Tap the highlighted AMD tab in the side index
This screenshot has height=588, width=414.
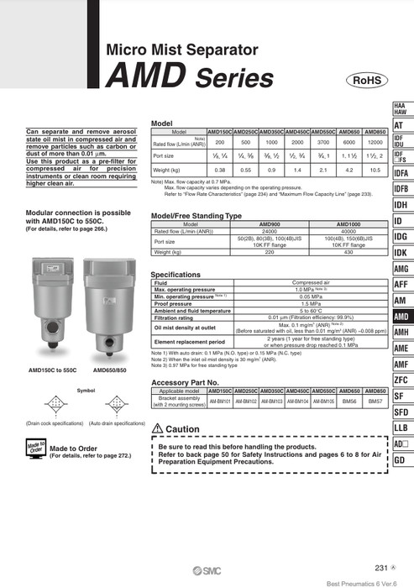point(400,317)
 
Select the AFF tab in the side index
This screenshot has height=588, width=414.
point(400,285)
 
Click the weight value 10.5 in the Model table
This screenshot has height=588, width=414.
point(375,170)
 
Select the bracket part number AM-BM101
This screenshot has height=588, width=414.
point(220,402)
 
